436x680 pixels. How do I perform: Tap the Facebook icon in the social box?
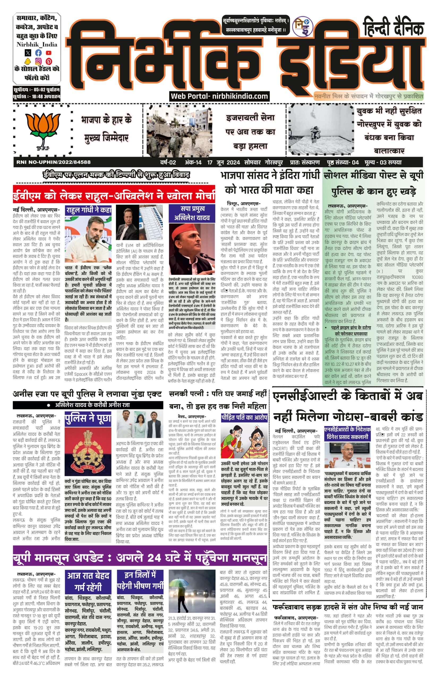point(38,53)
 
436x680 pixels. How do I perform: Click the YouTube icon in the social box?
point(48,53)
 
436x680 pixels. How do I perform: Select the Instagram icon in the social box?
point(38,61)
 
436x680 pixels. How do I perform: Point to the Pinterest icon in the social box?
point(48,61)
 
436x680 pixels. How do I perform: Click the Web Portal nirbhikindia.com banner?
point(219,96)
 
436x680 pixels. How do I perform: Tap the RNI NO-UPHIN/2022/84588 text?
point(54,162)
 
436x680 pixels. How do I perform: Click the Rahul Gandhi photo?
point(88,240)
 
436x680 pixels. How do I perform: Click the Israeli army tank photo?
point(179,131)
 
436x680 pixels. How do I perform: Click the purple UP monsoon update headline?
point(140,558)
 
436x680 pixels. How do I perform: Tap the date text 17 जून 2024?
point(224,163)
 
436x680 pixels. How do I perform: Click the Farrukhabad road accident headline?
point(348,607)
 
